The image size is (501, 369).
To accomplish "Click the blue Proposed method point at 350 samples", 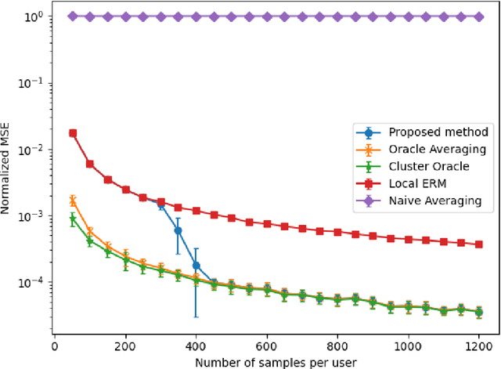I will [178, 230].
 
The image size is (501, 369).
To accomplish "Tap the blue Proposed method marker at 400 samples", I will [196, 266].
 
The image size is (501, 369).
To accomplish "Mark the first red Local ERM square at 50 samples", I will [73, 133].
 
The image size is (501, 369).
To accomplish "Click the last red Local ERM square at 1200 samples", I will [478, 244].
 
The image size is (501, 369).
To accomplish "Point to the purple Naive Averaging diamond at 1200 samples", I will [478, 16].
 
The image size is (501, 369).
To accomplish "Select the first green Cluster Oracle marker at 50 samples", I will [73, 219].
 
